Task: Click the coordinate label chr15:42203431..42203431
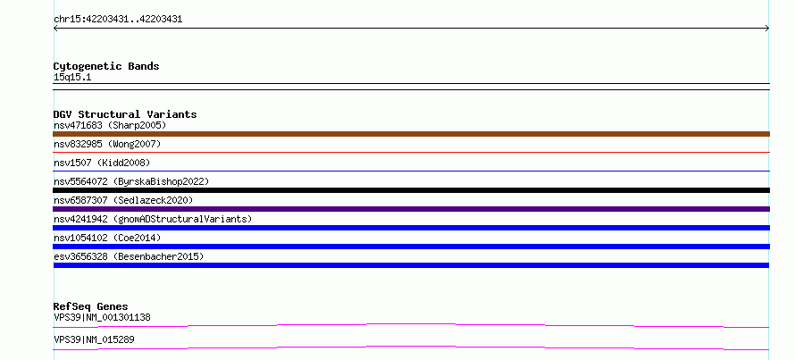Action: [118, 20]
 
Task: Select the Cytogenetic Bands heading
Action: [106, 66]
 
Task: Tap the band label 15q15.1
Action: [72, 78]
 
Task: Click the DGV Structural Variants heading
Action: [125, 114]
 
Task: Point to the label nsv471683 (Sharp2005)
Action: [110, 125]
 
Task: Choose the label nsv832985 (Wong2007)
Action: [107, 144]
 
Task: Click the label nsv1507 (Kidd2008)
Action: [102, 163]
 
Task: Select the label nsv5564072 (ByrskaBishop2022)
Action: [131, 181]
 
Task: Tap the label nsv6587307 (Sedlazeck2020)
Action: [123, 200]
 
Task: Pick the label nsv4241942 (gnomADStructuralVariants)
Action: [153, 219]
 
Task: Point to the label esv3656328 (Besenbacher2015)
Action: [129, 256]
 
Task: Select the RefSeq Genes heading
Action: [91, 306]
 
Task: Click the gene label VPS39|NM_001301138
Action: [102, 318]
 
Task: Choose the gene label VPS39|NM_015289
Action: [94, 339]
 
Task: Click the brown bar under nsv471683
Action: [411, 134]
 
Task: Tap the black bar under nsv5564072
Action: [411, 190]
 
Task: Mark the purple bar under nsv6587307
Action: [411, 209]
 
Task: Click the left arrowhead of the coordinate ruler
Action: [54, 29]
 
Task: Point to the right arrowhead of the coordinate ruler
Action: [768, 29]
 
